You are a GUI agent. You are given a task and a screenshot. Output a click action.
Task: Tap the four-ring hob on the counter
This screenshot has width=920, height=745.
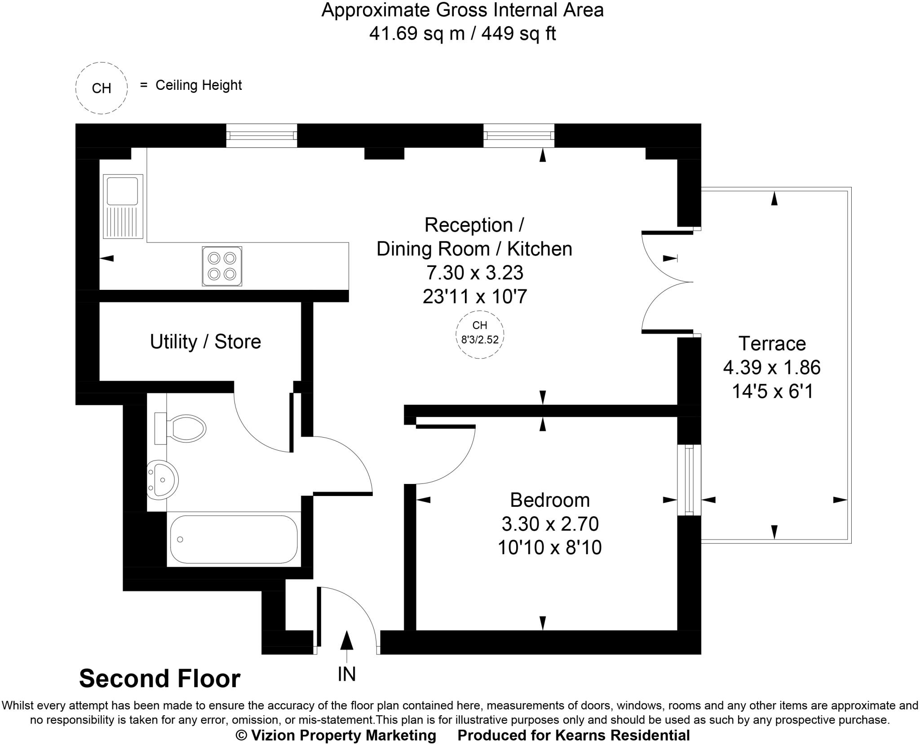tap(222, 266)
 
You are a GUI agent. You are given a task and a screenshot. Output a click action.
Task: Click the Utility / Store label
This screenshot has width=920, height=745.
tap(205, 342)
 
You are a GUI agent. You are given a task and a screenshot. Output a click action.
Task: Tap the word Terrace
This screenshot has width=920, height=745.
tap(772, 344)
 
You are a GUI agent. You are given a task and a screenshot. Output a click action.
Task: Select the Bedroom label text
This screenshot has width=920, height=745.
tap(549, 500)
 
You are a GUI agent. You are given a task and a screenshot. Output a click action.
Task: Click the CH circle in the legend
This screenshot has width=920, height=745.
tap(102, 88)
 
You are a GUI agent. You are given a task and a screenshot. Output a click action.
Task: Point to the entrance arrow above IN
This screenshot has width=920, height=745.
tap(346, 640)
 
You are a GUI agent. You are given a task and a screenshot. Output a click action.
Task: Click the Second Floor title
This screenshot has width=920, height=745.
tap(159, 678)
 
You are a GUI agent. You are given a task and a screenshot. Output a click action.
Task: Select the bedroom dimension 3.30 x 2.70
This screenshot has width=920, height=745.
tap(549, 524)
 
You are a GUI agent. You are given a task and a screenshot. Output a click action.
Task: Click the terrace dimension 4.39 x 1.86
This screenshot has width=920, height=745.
tap(771, 368)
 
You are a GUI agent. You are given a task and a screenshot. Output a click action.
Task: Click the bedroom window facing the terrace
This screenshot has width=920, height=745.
tap(689, 480)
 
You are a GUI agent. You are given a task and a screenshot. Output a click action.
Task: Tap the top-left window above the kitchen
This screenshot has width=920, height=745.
tap(261, 135)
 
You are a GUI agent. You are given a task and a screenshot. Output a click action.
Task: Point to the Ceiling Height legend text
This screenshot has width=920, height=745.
tap(198, 85)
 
